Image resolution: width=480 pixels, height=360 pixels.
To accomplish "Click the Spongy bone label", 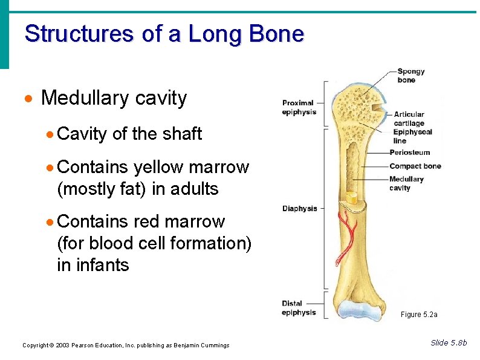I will [411, 76].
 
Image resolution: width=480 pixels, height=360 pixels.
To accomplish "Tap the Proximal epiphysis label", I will [299, 107].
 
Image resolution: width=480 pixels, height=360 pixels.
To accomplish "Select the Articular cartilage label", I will [409, 119].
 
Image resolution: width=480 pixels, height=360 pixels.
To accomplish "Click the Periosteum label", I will [410, 152].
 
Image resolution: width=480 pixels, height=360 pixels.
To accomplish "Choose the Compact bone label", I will [415, 166].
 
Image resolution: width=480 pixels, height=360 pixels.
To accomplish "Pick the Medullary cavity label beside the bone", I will [406, 183].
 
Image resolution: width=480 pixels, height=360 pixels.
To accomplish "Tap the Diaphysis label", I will [299, 209].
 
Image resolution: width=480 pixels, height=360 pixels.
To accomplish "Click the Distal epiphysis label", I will [299, 308].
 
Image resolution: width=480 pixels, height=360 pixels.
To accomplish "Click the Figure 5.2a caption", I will [419, 315].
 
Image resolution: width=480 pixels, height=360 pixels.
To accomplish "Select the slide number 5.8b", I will [449, 343].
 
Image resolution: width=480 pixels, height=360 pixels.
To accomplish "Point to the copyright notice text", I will [126, 345].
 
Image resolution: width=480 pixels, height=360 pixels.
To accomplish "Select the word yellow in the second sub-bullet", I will [160, 167].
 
